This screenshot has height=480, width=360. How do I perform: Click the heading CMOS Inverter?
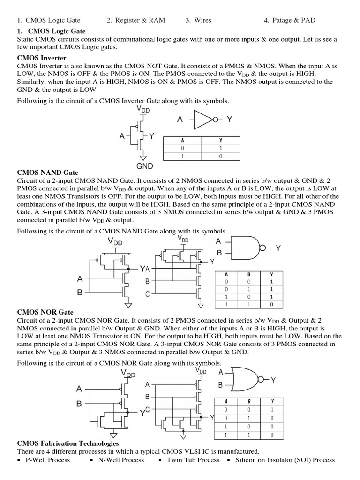click(41, 58)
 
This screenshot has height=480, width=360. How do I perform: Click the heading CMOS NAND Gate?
click(47, 173)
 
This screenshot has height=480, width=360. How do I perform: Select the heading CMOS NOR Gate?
click(45, 312)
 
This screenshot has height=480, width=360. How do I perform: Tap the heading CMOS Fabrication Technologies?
click(68, 443)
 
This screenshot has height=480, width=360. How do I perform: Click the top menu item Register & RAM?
click(136, 20)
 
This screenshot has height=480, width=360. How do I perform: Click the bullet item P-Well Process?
click(47, 460)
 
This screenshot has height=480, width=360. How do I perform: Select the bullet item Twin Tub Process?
click(193, 460)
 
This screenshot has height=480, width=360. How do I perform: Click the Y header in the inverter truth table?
click(221, 140)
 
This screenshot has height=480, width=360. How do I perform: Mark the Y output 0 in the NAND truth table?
click(271, 304)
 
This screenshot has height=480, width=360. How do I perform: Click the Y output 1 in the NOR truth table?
click(271, 409)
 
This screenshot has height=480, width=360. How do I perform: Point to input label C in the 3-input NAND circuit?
click(147, 294)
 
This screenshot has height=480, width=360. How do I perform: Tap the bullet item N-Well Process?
click(120, 460)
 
